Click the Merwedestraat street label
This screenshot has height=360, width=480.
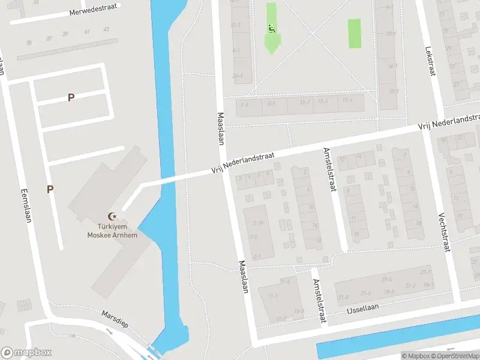pos(93,12)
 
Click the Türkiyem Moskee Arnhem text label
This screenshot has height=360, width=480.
pos(112,231)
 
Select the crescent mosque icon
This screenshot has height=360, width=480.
pos(111,216)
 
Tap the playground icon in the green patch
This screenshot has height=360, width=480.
pos(272,28)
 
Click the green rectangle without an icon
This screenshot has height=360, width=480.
pos(355,34)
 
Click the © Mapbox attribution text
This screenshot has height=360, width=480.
pos(416,356)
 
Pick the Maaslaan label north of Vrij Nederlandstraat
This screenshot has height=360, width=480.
pos(221,128)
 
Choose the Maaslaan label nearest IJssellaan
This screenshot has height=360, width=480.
pos(243,277)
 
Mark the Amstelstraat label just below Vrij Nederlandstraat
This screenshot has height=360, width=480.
pos(329,170)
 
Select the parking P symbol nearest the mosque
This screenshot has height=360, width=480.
pos(50,189)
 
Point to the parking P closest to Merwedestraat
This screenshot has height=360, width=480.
pos(71,97)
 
